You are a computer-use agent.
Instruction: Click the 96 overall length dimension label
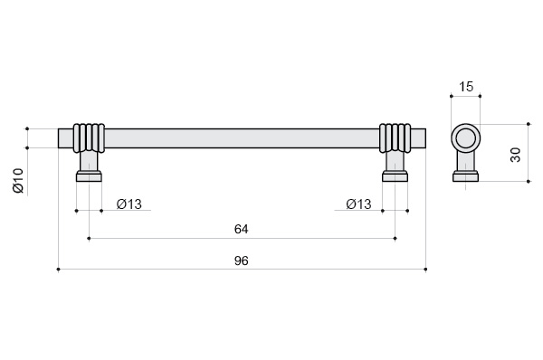click(x=241, y=261)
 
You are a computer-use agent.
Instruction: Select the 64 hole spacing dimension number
click(x=241, y=229)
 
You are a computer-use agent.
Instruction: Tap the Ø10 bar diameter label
click(x=18, y=180)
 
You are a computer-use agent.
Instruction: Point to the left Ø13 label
click(x=129, y=204)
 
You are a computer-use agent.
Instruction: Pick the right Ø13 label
click(x=358, y=204)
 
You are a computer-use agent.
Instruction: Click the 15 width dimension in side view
click(x=466, y=87)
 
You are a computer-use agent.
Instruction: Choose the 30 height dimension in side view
click(x=516, y=155)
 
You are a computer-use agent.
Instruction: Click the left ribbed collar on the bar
click(x=89, y=137)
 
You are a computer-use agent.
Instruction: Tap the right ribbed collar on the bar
click(x=395, y=137)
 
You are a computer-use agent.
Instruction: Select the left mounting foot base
click(x=89, y=176)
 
